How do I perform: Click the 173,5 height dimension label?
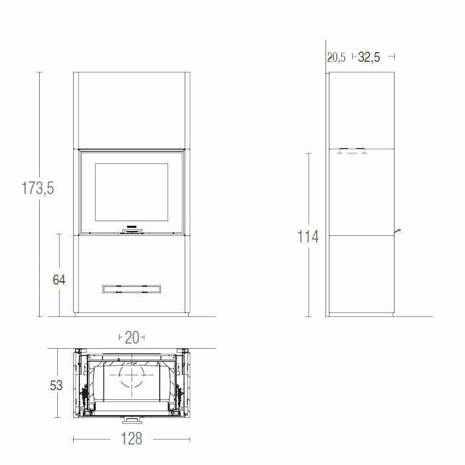point(37,189)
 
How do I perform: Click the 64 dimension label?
point(59,280)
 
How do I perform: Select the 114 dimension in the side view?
point(308,236)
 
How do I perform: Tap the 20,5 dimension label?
point(336,57)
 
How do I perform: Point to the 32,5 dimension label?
point(369,57)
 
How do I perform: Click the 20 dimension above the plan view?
point(132,337)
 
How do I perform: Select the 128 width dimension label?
point(132,439)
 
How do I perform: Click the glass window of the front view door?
point(132,192)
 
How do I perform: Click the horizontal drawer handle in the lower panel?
point(132,288)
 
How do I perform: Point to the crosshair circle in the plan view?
point(132,379)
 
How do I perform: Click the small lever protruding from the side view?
point(399,231)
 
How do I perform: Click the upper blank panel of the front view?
point(132,110)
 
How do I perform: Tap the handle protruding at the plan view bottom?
point(132,420)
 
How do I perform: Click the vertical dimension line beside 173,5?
point(39,133)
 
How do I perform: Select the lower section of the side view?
point(361,274)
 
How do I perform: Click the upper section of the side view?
point(361,110)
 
